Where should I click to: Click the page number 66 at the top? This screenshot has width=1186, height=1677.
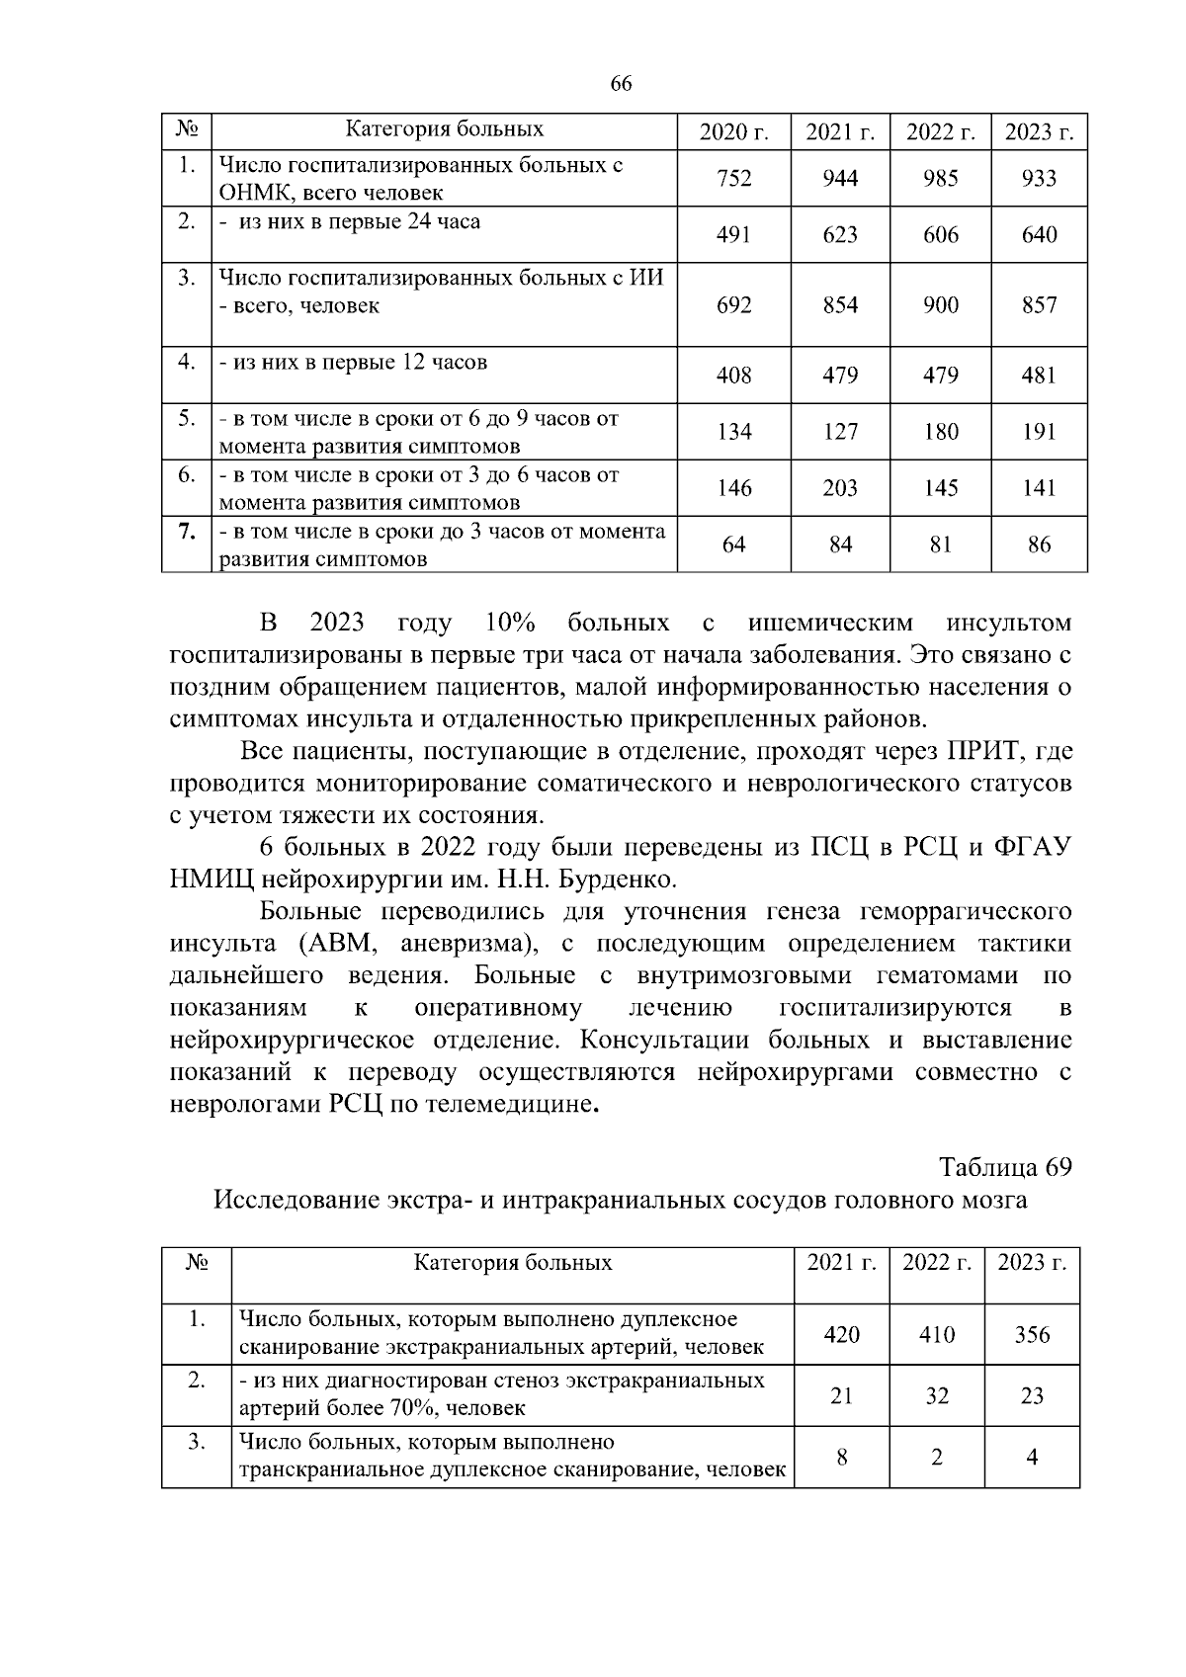tap(621, 83)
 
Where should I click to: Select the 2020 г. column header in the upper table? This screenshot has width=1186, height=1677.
tap(733, 131)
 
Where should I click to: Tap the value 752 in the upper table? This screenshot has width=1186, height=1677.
tap(733, 178)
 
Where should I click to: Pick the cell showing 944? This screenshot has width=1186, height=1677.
tap(840, 178)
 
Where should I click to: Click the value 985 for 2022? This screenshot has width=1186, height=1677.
tap(940, 178)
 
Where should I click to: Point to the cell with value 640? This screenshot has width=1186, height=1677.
tap(1039, 234)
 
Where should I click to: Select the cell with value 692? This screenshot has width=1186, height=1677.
tap(733, 305)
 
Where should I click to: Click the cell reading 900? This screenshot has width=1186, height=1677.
tap(940, 305)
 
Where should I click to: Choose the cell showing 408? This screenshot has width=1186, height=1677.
tap(733, 376)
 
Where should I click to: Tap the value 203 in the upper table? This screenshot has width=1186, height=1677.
tap(840, 488)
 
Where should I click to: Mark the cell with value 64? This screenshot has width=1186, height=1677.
tap(733, 545)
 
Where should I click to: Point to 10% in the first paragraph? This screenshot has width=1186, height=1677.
tap(510, 624)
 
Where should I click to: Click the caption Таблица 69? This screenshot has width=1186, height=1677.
tap(1005, 1167)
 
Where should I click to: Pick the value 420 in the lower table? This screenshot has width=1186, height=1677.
tap(841, 1335)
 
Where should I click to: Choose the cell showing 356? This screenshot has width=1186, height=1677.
tap(1032, 1335)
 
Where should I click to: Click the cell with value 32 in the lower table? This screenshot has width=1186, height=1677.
tap(936, 1396)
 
